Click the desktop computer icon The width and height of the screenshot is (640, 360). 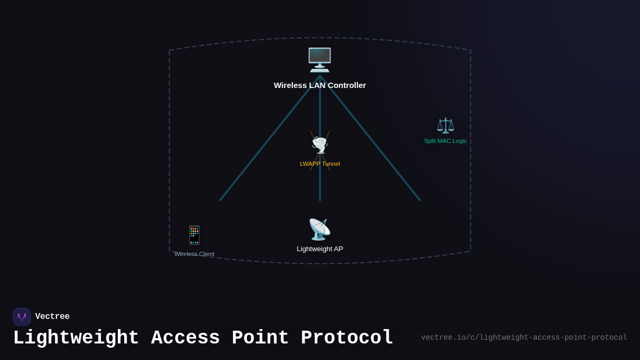pyautogui.click(x=319, y=60)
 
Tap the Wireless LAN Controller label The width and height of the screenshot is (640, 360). pyautogui.click(x=319, y=85)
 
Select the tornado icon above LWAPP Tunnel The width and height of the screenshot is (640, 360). pyautogui.click(x=320, y=145)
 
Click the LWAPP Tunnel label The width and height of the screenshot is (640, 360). pyautogui.click(x=319, y=164)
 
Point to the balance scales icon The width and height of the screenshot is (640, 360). pyautogui.click(x=445, y=125)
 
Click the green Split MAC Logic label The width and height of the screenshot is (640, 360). pyautogui.click(x=445, y=141)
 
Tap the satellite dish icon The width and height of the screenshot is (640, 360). pyautogui.click(x=319, y=229)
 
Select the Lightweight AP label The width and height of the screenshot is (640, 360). pyautogui.click(x=319, y=249)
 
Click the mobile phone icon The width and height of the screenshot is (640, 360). pyautogui.click(x=194, y=235)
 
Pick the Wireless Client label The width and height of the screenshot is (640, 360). pyautogui.click(x=194, y=254)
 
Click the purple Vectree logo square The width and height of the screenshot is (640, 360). pyautogui.click(x=22, y=317)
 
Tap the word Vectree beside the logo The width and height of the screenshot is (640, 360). pyautogui.click(x=52, y=317)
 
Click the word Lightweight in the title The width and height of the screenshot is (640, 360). pyautogui.click(x=76, y=338)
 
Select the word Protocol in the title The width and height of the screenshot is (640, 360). pyautogui.click(x=347, y=338)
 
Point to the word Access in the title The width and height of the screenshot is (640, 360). pyautogui.click(x=186, y=338)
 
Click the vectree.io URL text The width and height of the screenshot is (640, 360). pyautogui.click(x=524, y=338)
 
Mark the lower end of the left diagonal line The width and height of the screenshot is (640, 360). pyautogui.click(x=220, y=201)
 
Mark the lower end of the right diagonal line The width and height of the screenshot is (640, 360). pyautogui.click(x=420, y=201)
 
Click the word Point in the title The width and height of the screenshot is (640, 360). pyautogui.click(x=260, y=338)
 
